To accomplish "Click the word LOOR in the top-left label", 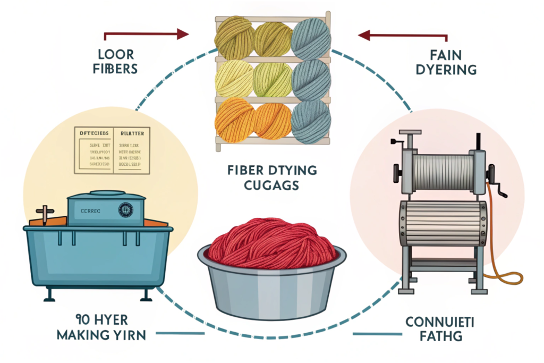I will coord(116,55).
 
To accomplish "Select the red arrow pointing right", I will coord(146,35).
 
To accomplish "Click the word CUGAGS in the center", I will coord(271,185).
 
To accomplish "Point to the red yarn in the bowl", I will coord(271,242).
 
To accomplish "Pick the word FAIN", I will coord(446,55).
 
